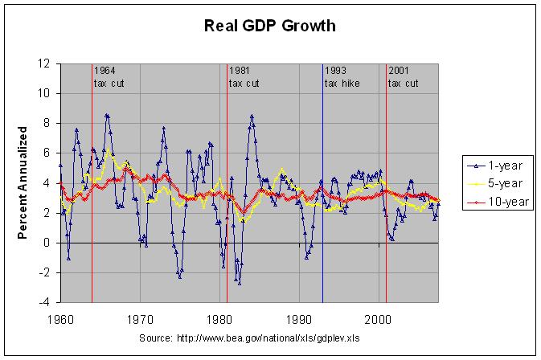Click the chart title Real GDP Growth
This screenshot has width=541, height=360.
pyautogui.click(x=270, y=26)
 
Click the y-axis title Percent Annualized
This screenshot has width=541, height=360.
pyautogui.click(x=23, y=182)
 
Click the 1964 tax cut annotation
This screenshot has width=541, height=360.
pyautogui.click(x=109, y=77)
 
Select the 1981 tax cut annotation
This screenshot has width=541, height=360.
pyautogui.click(x=244, y=77)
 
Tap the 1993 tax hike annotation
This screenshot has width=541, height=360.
pyautogui.click(x=342, y=77)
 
